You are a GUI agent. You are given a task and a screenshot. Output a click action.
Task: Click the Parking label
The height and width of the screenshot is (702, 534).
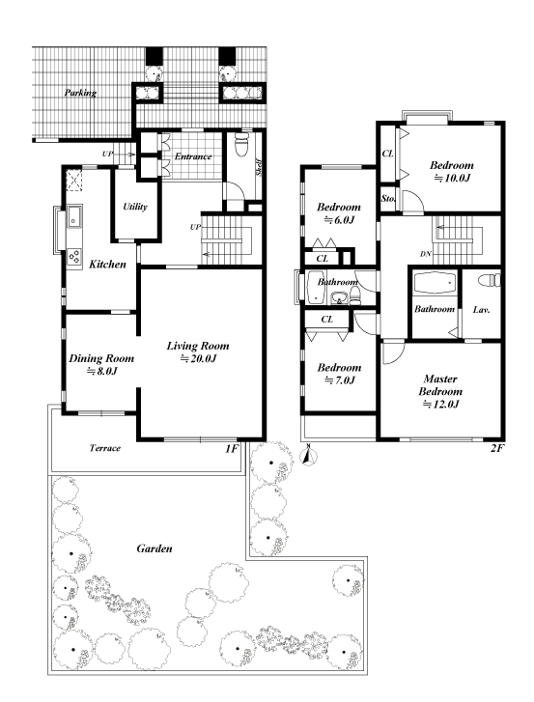point(80,93)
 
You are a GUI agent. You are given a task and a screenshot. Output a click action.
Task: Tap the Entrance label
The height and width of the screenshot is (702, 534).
point(193,156)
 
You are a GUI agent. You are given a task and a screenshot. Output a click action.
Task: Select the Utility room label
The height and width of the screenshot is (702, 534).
point(135,207)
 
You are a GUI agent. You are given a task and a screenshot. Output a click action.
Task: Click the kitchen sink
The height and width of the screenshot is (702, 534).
point(73,216)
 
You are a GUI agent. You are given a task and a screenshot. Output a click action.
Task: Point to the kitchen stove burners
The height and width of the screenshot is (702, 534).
point(74,258)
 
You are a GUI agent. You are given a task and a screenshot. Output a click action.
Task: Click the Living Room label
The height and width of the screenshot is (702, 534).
point(198,346)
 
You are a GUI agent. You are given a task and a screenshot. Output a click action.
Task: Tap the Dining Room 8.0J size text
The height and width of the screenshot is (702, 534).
point(101,371)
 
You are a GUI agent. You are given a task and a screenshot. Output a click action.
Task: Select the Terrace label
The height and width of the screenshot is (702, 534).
point(104,448)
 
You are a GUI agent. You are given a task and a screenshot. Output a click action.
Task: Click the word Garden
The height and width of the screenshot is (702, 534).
point(154,548)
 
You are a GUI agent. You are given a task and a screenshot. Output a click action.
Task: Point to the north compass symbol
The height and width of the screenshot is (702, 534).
point(308,456)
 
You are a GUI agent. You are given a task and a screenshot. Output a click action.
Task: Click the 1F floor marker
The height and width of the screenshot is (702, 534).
point(231,448)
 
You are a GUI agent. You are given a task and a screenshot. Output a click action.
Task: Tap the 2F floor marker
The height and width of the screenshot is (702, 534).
point(496,448)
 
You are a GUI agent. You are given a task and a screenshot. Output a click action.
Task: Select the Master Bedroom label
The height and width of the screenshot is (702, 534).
point(440,385)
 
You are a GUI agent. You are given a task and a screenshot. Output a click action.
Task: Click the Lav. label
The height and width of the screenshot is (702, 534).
point(481,309)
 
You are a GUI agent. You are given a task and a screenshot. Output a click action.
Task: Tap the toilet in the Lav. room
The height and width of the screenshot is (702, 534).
point(490,280)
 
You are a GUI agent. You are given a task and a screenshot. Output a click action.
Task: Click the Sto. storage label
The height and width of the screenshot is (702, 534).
point(387,197)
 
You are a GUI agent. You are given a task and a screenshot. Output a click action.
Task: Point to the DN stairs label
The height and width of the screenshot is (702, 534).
point(426,254)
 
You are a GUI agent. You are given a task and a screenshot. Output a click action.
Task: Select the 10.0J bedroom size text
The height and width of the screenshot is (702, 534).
point(452,178)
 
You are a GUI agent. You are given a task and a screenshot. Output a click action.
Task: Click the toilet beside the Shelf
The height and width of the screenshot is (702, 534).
point(242,143)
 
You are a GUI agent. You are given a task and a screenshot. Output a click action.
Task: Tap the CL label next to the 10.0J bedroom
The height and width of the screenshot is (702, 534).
point(387,154)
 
